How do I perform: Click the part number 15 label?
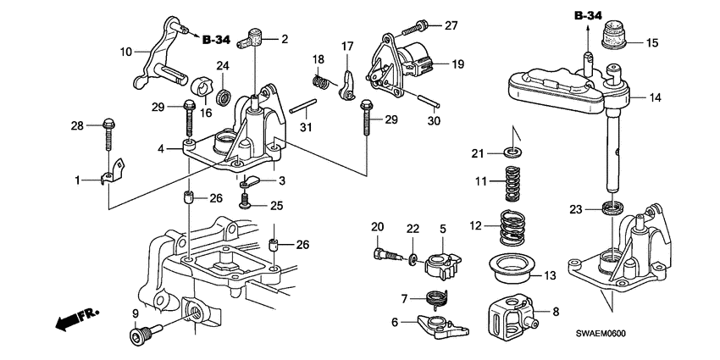pos(651,42)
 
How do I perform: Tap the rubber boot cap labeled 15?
pos(613,39)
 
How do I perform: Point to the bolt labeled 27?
pos(424,25)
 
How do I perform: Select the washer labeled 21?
pos(512,152)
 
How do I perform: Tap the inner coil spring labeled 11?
pos(511,182)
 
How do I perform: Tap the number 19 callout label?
pos(457,63)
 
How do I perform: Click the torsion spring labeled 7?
pos(435,299)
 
